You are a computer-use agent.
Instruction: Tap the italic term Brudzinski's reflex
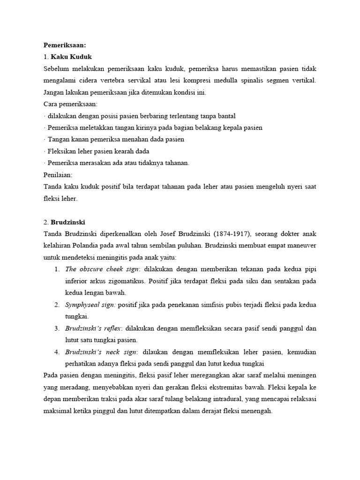93,328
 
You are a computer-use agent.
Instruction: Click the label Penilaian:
58,174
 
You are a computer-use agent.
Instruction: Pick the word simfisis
215,305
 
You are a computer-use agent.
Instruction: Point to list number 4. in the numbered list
56,352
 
